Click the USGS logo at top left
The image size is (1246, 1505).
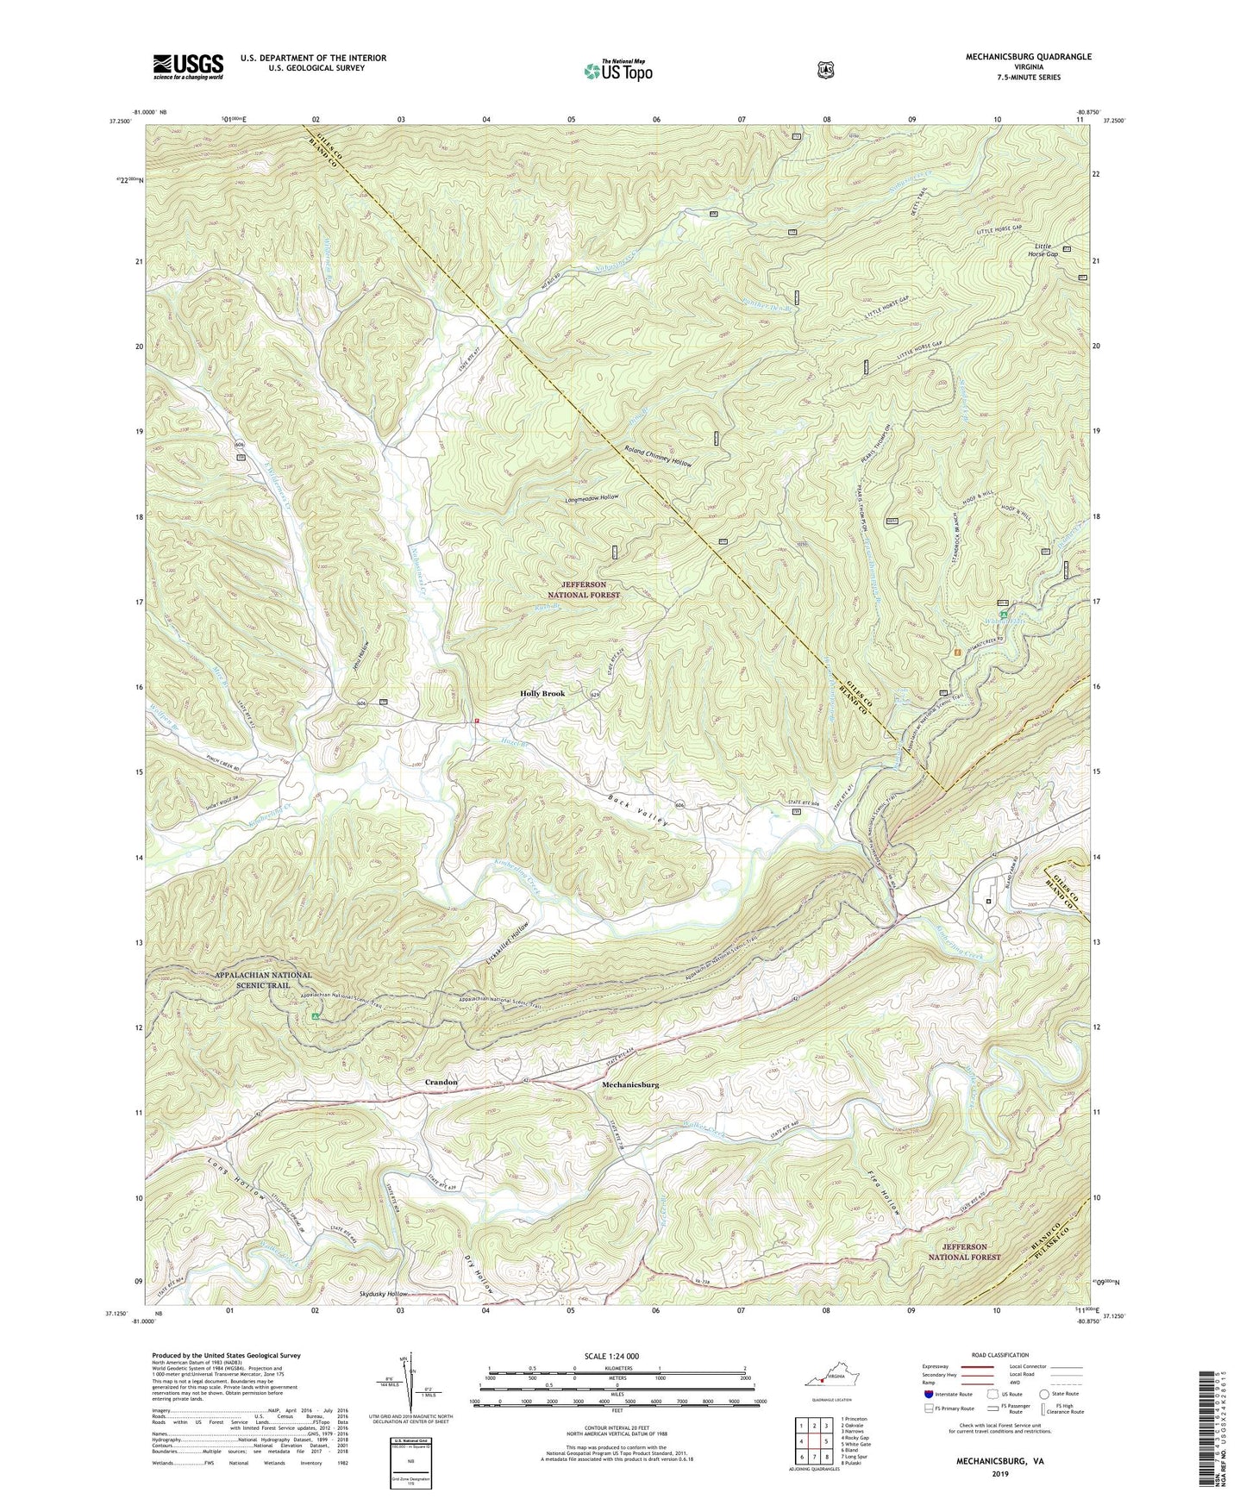pos(188,66)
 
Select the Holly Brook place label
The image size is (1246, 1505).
pos(542,693)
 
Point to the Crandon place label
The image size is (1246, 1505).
pos(441,1082)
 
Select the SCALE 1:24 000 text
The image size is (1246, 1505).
pos(616,1356)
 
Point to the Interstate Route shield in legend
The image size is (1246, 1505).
pos(928,1394)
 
